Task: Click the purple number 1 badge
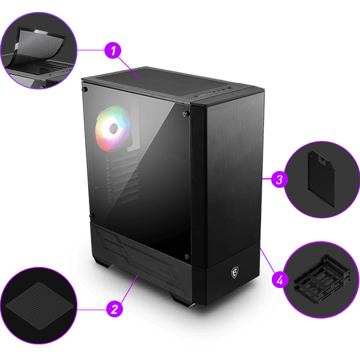point(111,50)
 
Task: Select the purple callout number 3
point(278,179)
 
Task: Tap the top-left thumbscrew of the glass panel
point(86,89)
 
